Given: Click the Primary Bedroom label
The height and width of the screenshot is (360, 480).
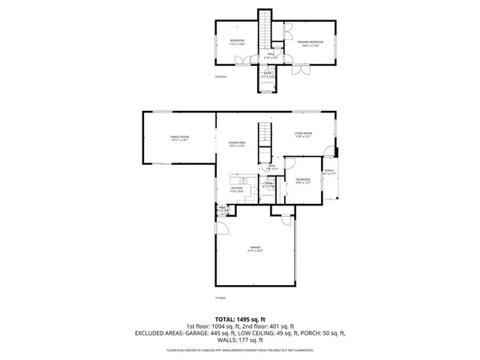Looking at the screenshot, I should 310,43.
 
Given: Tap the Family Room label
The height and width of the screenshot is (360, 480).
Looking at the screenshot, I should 179,138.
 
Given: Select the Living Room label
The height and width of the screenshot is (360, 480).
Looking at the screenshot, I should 302,134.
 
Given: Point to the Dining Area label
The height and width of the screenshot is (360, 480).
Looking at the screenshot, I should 238,144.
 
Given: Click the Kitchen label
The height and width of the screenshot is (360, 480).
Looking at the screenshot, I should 236,189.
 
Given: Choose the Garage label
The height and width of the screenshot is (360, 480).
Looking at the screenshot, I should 256,249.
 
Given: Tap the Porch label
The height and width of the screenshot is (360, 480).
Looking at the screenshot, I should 329,172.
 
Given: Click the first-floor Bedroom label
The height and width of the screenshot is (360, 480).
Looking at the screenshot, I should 302,181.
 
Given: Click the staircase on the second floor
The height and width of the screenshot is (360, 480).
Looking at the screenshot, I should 265,30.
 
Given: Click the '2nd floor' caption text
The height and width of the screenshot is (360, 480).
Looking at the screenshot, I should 221,76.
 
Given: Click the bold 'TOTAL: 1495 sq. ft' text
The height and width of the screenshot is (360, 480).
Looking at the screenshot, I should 239,319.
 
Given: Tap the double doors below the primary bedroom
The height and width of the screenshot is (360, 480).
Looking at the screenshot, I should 300,71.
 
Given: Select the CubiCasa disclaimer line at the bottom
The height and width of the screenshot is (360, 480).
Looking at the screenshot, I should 239,350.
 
